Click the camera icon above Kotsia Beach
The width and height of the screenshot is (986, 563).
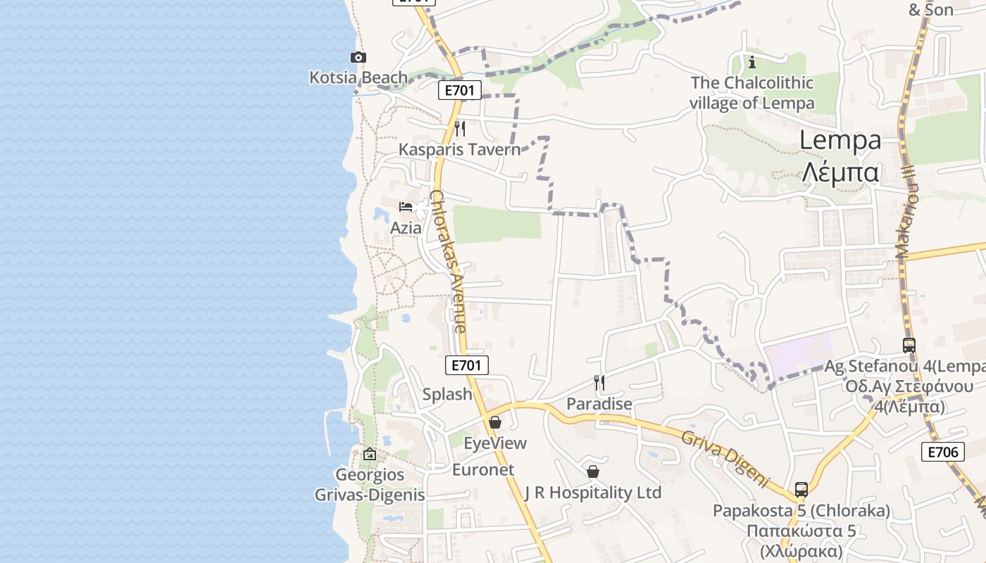click(x=358, y=58)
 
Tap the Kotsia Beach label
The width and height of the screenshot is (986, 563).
click(x=358, y=77)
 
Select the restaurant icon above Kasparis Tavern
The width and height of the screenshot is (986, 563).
click(x=460, y=129)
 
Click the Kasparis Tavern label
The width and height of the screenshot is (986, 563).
click(x=459, y=149)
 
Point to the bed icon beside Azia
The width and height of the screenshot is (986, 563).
click(x=406, y=207)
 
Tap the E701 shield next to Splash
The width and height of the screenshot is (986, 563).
click(x=467, y=365)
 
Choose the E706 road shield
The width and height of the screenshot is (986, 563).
click(x=942, y=452)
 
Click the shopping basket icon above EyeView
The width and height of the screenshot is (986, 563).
click(x=495, y=423)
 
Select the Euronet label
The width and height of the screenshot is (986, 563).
click(x=483, y=469)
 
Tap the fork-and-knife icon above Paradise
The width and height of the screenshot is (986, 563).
click(x=599, y=383)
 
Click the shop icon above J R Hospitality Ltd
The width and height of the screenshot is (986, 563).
click(x=593, y=472)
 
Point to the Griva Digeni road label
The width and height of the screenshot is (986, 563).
click(x=725, y=458)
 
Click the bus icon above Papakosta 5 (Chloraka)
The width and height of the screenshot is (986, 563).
click(x=801, y=489)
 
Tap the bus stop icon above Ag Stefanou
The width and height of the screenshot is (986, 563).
click(x=909, y=346)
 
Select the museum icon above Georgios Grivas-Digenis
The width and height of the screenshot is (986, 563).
click(x=370, y=455)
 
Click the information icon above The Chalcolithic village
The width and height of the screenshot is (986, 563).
click(x=752, y=62)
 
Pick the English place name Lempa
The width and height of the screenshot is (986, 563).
click(x=840, y=140)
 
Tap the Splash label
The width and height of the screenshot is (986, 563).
click(x=447, y=394)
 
